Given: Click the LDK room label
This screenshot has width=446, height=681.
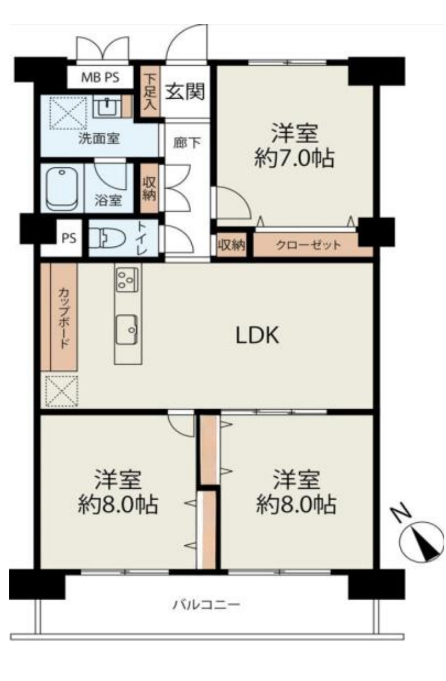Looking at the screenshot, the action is coord(257,335).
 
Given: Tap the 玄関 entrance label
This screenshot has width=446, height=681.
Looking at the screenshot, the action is coord(185,92).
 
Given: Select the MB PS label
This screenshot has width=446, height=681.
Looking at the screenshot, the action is coord(100,78).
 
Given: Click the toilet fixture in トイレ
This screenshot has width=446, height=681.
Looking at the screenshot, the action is coord(106,238).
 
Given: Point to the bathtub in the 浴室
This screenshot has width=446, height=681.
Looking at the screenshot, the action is coord(62,189).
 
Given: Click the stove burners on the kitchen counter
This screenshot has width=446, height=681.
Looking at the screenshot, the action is coord(127,279).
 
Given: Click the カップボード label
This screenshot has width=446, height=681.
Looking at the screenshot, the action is coord(64,318).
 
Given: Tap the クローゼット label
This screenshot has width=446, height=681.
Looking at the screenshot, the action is coord(308,245).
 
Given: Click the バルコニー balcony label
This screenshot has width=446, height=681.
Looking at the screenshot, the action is coord(206,604).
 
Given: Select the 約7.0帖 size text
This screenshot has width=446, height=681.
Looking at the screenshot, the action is coord(294,158).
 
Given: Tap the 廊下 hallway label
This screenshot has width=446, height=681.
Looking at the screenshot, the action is coord(187,143).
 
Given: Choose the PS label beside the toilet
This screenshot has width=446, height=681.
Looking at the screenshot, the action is coord(69,238).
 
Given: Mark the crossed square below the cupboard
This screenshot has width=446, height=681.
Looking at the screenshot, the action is coord(62,391).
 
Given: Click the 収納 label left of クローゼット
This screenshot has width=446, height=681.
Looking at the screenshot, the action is coord(232,245).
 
